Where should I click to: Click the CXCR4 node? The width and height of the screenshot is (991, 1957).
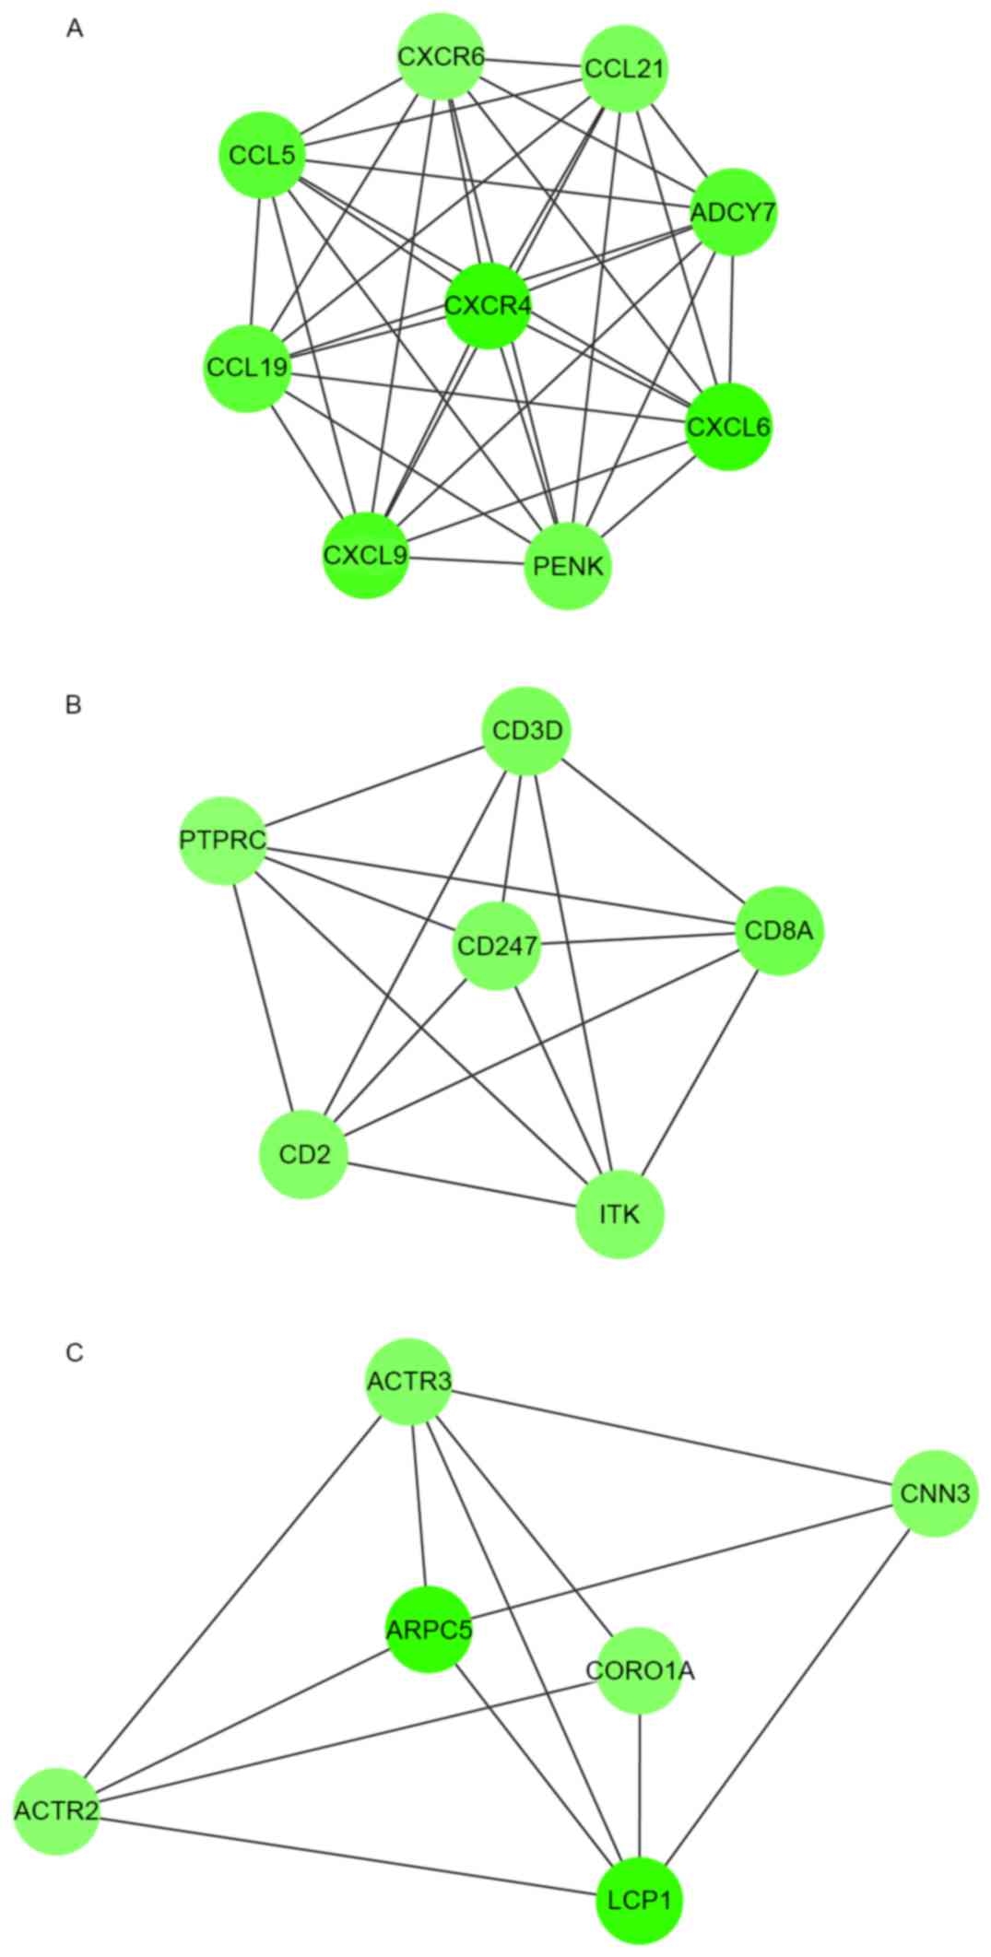pos(488,305)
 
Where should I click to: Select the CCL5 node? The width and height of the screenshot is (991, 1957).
pos(262,155)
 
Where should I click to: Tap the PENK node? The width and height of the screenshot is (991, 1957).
pos(568,565)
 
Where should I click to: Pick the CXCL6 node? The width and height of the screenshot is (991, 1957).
pos(728,427)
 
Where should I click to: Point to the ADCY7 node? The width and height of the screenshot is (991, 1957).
pos(734,213)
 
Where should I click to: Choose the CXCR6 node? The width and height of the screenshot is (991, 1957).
pos(441,56)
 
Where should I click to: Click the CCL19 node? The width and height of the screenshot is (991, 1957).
pos(247,368)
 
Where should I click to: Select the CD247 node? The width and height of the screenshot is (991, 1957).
pos(497,946)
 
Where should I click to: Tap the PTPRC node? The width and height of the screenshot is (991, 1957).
pos(223,840)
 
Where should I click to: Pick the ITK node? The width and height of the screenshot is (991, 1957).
pos(619,1213)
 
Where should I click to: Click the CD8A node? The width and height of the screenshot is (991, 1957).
pos(779,931)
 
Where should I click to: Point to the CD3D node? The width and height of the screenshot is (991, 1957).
pos(526,732)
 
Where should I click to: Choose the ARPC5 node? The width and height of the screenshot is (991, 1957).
pos(428,1629)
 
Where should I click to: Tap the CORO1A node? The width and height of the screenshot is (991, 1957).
pos(640,1669)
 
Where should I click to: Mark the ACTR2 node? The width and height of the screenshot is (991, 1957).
pos(56,1810)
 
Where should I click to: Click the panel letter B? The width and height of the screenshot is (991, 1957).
pos(75,705)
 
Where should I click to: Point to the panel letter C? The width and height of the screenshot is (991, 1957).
pos(75,1353)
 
